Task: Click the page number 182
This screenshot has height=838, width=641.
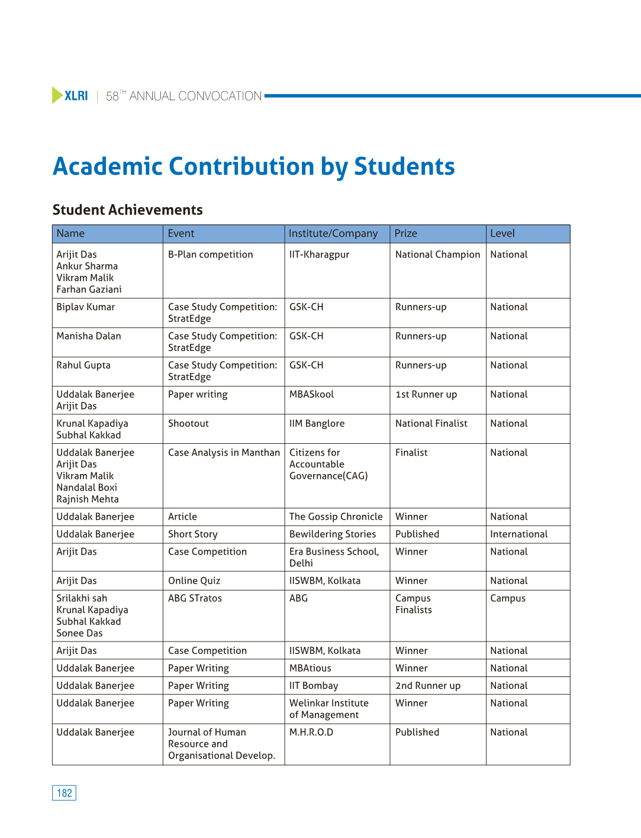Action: pyautogui.click(x=64, y=793)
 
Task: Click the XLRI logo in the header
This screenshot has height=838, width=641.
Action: pyautogui.click(x=70, y=96)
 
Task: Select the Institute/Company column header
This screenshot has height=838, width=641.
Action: pyautogui.click(x=333, y=234)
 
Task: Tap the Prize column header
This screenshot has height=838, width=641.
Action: pyautogui.click(x=406, y=234)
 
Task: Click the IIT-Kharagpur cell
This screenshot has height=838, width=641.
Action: pyautogui.click(x=319, y=254)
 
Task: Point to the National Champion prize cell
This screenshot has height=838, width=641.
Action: pyautogui.click(x=437, y=254)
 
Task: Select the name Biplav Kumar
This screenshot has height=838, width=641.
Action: pyautogui.click(x=86, y=307)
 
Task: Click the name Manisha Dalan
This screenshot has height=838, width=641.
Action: pyautogui.click(x=89, y=336)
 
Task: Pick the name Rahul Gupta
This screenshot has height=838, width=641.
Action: pyautogui.click(x=83, y=365)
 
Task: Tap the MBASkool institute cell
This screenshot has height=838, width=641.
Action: pyautogui.click(x=311, y=394)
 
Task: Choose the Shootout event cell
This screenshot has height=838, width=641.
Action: pyautogui.click(x=188, y=423)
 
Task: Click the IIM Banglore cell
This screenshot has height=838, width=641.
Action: pyautogui.click(x=317, y=423)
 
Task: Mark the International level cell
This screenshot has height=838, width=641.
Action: pyautogui.click(x=518, y=534)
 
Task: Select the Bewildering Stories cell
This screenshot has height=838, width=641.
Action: pyautogui.click(x=333, y=534)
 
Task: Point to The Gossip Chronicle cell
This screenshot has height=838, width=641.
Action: pyautogui.click(x=336, y=517)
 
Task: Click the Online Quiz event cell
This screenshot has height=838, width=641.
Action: pyautogui.click(x=194, y=581)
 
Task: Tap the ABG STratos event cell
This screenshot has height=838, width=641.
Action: pyautogui.click(x=195, y=598)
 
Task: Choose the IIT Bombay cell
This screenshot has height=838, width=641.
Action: pyautogui.click(x=314, y=685)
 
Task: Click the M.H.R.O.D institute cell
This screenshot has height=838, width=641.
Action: pyautogui.click(x=311, y=732)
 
